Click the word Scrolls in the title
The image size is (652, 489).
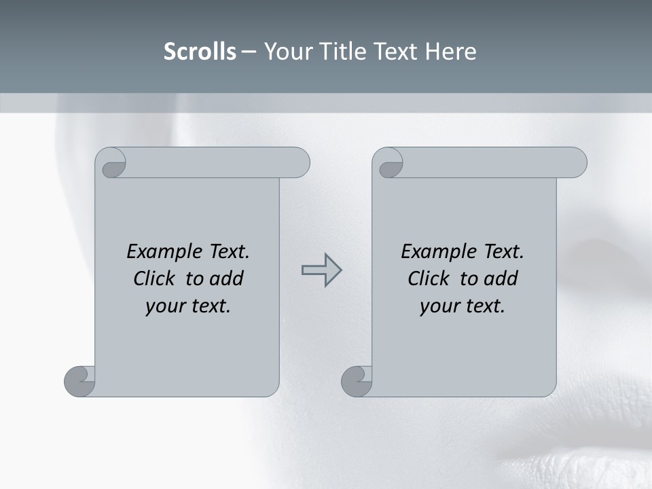click(200, 52)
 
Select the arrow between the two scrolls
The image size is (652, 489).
click(321, 270)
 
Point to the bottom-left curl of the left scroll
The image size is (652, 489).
click(79, 381)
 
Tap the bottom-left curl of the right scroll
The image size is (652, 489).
click(357, 381)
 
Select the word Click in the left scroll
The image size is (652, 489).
click(156, 278)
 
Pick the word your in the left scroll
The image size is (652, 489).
click(165, 306)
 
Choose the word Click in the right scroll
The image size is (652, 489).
click(429, 278)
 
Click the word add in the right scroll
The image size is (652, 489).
click(502, 278)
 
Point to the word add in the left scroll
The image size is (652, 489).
click(227, 278)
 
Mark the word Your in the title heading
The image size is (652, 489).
click(287, 52)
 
